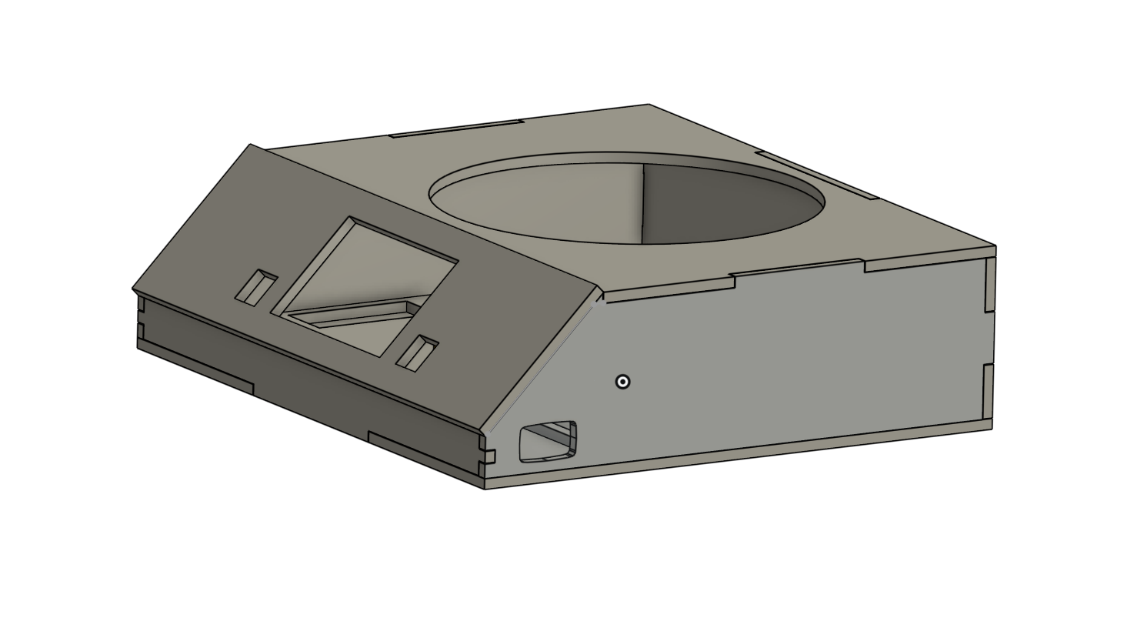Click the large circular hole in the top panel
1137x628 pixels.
pyautogui.click(x=627, y=198)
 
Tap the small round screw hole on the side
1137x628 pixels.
pyautogui.click(x=623, y=382)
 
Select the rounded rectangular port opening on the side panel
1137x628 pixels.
pyautogui.click(x=548, y=442)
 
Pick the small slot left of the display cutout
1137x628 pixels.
pyautogui.click(x=257, y=288)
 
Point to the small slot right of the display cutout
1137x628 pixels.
pyautogui.click(x=418, y=353)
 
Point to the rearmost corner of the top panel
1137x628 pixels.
pyautogui.click(x=649, y=105)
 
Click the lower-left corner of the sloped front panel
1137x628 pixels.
pyautogui.click(x=134, y=289)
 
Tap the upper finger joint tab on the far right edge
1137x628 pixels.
pyautogui.click(x=990, y=284)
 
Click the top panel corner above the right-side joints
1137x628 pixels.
pyautogui.click(x=995, y=247)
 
